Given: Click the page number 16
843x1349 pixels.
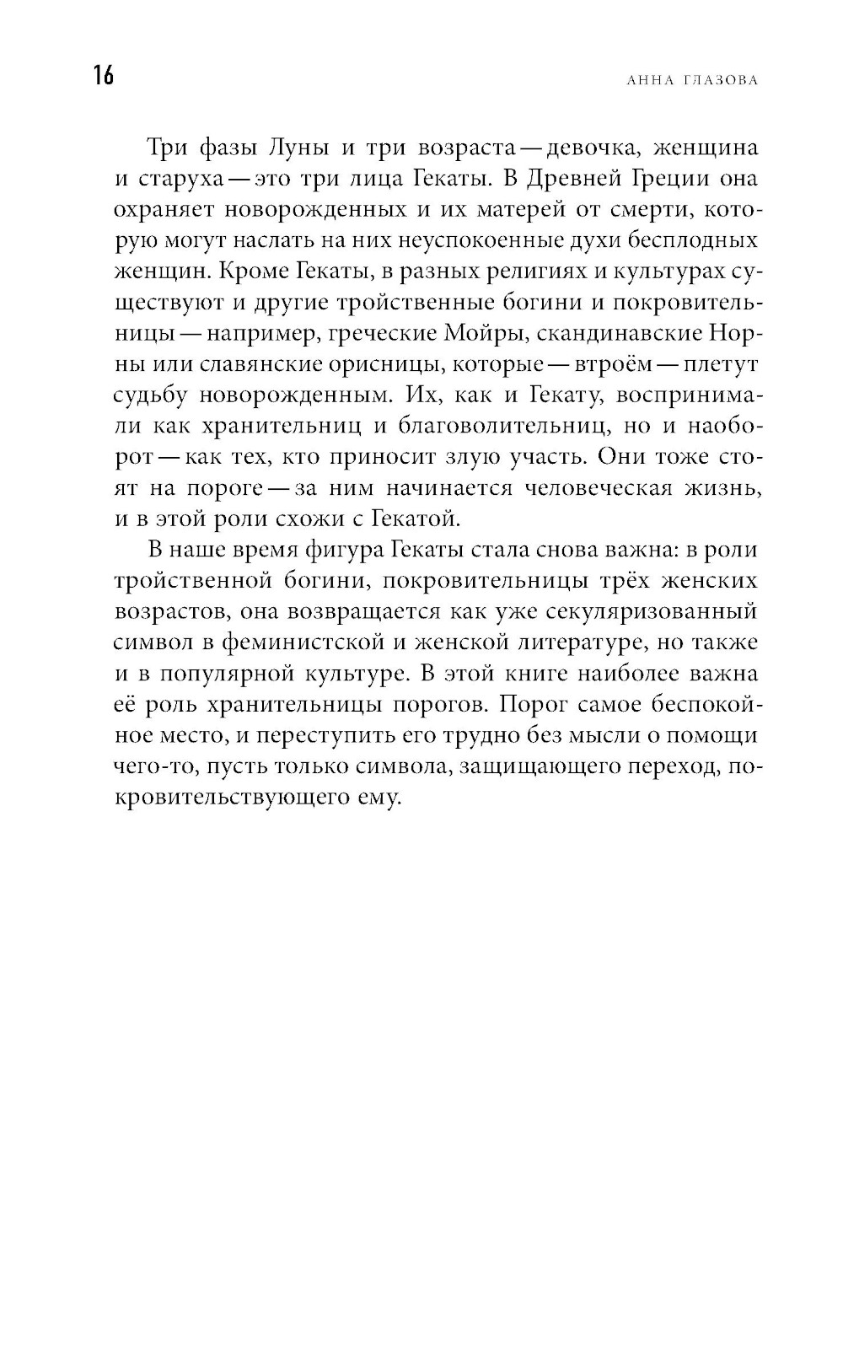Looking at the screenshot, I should pyautogui.click(x=104, y=76).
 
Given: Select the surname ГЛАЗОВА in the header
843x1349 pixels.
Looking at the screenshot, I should pyautogui.click(x=722, y=80).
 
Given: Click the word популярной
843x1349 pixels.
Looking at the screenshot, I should pyautogui.click(x=279, y=674).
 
